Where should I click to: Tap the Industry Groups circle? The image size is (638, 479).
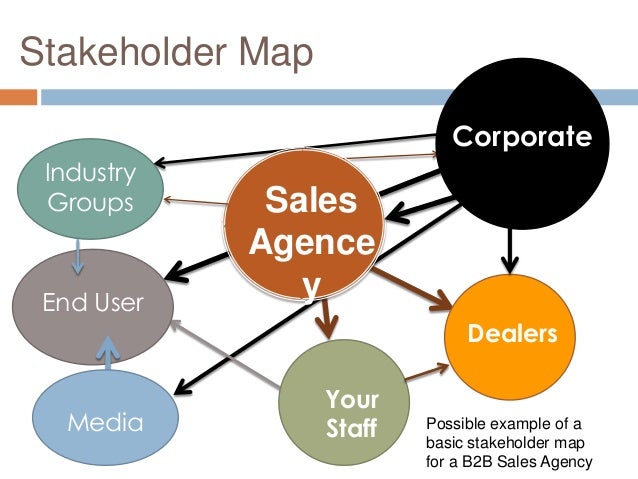[90, 187]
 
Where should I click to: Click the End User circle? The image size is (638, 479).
[91, 302]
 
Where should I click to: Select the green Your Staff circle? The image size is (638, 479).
[345, 410]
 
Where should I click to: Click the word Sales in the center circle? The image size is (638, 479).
[309, 201]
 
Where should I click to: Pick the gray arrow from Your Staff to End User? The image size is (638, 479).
[225, 355]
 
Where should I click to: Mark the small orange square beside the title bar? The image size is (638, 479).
[18, 98]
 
